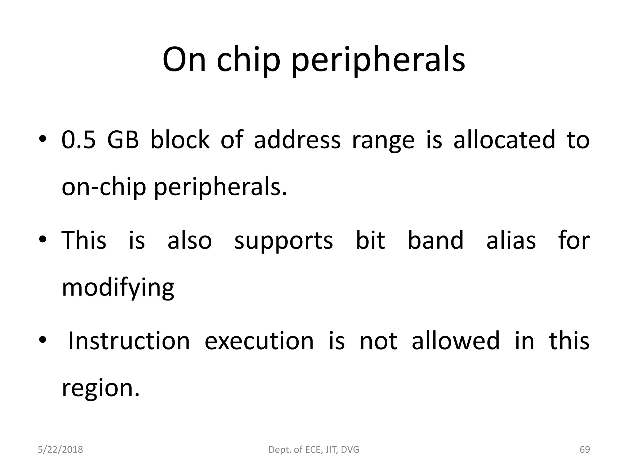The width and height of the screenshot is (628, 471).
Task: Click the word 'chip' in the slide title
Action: pyautogui.click(x=248, y=60)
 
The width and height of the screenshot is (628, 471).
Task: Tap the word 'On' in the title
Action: pyautogui.click(x=184, y=60)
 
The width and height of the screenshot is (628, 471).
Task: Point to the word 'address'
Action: pyautogui.click(x=297, y=140)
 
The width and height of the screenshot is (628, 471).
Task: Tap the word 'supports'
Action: pyautogui.click(x=284, y=240)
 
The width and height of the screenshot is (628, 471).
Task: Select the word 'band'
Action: pyautogui.click(x=436, y=240)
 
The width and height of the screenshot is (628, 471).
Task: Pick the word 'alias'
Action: pyautogui.click(x=511, y=240)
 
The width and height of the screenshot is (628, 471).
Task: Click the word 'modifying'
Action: pyautogui.click(x=118, y=288)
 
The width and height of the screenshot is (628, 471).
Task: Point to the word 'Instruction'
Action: pyautogui.click(x=129, y=341)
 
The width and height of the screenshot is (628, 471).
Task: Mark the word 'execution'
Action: pyautogui.click(x=259, y=341)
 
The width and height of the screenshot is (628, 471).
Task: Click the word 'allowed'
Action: pyautogui.click(x=456, y=341)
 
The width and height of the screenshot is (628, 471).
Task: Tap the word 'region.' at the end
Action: pyautogui.click(x=101, y=388)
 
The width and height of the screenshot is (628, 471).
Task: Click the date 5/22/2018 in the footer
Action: pyautogui.click(x=60, y=450)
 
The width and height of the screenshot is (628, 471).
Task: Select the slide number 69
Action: pyautogui.click(x=585, y=450)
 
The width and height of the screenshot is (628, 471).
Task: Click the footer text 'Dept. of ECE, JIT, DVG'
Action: pyautogui.click(x=314, y=450)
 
